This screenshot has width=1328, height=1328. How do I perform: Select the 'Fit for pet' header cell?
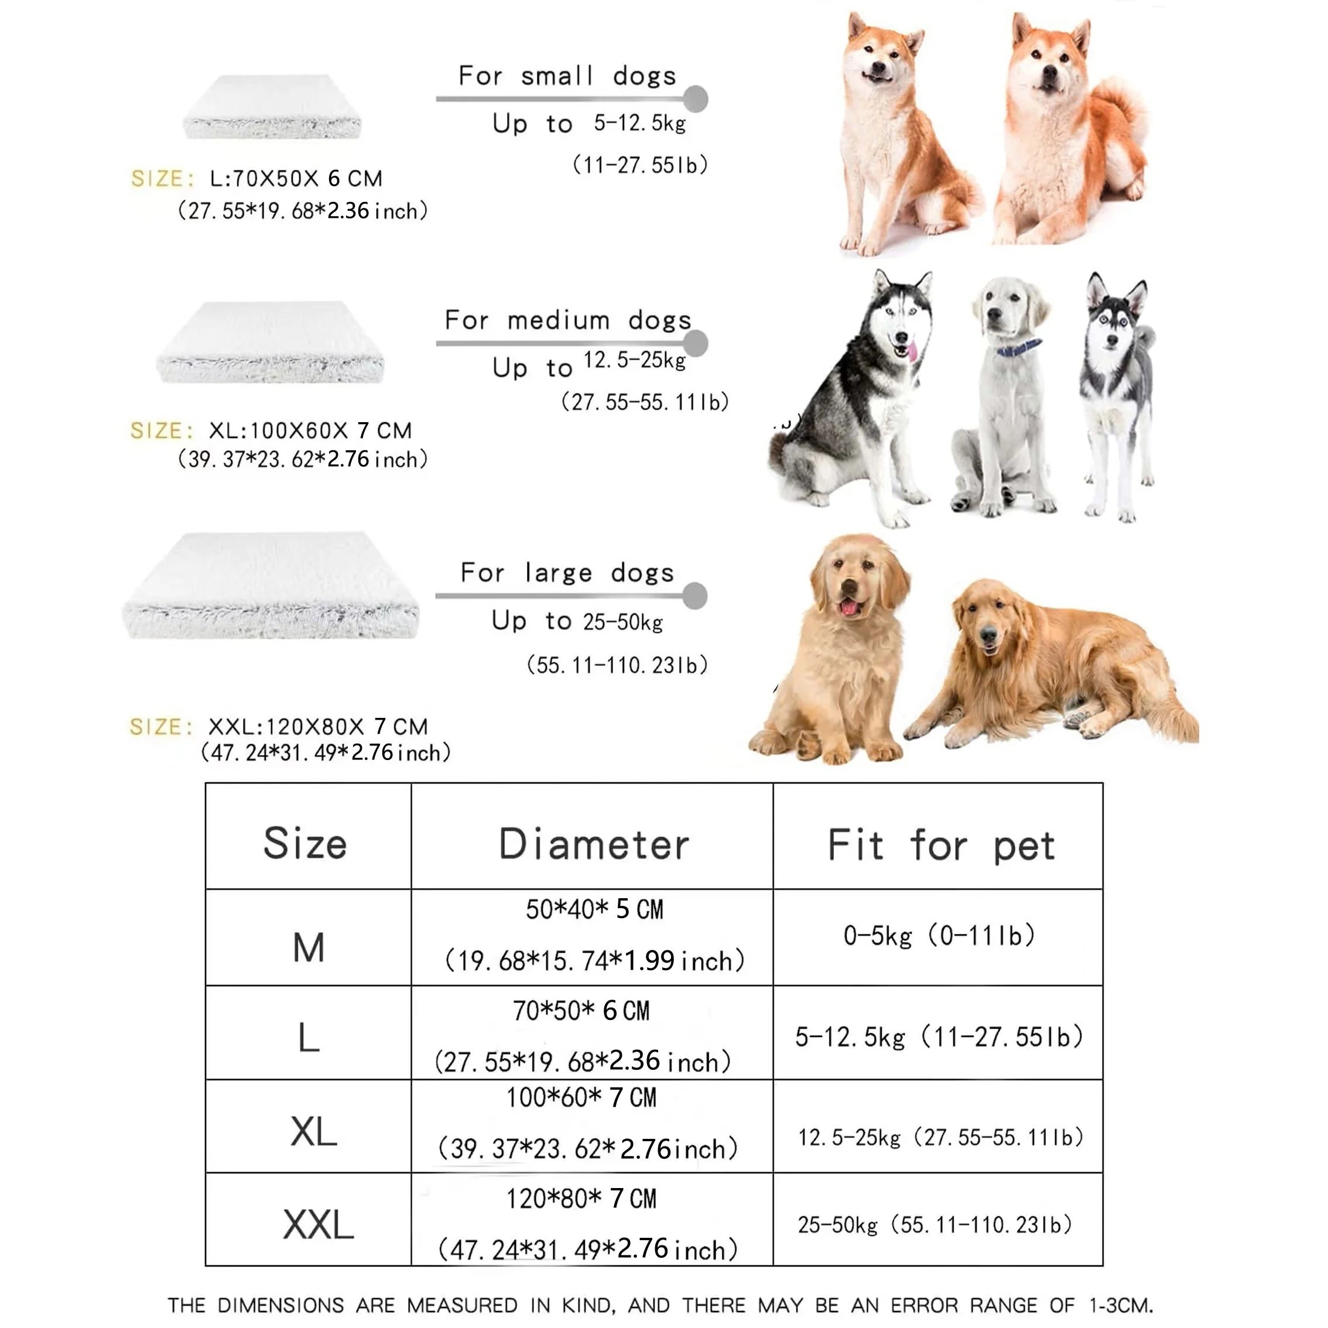[x=940, y=844]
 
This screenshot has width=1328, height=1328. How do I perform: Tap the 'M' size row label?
[x=308, y=947]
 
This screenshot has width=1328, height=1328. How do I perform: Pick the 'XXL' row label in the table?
[x=317, y=1224]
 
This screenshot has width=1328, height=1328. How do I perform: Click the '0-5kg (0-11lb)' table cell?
[x=939, y=936]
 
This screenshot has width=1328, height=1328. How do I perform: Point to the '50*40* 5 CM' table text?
[x=594, y=909]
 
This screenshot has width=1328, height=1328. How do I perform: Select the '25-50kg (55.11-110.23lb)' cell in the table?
[x=935, y=1224]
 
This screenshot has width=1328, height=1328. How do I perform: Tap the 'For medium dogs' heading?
[x=568, y=320]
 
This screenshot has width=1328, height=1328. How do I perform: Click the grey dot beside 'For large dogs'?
[x=695, y=595]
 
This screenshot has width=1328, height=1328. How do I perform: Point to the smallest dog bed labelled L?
[x=272, y=107]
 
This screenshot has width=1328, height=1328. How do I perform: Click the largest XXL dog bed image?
[x=270, y=586]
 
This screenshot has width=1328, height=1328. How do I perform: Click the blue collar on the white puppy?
[x=1019, y=347]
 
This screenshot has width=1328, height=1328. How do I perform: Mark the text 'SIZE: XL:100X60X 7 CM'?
[x=272, y=431]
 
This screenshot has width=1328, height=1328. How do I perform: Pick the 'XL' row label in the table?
[x=313, y=1131]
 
